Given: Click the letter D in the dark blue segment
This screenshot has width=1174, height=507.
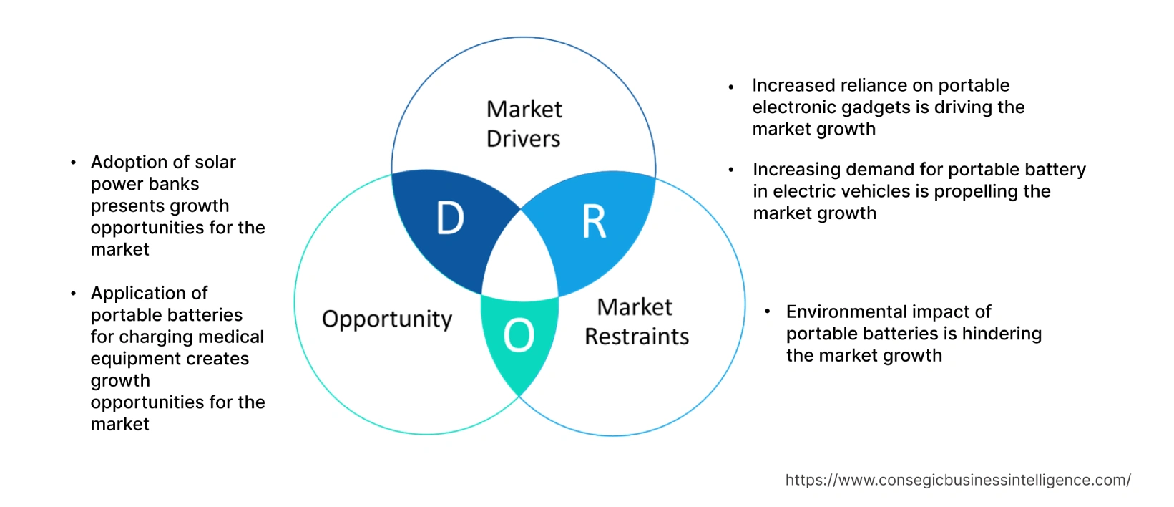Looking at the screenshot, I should click(450, 218).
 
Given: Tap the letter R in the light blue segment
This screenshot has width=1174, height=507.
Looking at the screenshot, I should click(594, 221).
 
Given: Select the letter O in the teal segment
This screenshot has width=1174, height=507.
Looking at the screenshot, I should click(519, 335).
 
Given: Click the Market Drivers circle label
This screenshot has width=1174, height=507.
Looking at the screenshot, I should click(524, 124).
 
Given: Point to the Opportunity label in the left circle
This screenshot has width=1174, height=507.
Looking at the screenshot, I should click(387, 319).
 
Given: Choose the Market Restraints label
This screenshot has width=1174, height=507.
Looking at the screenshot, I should click(636, 322).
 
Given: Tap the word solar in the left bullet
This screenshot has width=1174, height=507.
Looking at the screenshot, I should click(215, 163).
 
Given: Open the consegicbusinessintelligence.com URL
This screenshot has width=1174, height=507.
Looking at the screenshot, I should click(958, 481).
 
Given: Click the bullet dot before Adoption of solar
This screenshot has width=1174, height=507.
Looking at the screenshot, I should click(74, 163).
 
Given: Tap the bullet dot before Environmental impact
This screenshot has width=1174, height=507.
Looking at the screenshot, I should click(768, 312).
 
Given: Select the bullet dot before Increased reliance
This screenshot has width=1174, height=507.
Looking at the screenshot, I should click(731, 87).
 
